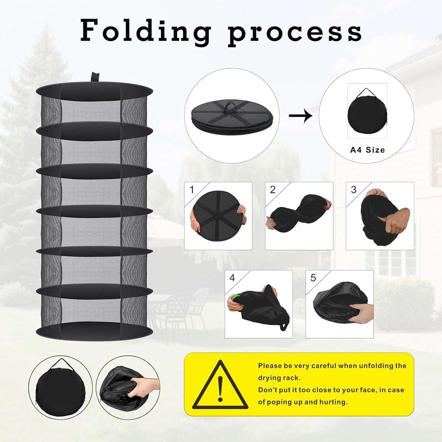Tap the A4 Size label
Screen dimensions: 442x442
[367, 150]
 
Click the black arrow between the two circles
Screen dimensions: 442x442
[300, 116]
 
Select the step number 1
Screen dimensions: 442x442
[192, 190]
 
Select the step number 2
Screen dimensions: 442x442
[273, 190]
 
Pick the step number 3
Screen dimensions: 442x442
[354, 190]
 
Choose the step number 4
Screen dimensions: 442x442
[232, 278]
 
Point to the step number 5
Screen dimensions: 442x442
[313, 278]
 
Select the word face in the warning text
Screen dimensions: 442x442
[370, 390]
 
